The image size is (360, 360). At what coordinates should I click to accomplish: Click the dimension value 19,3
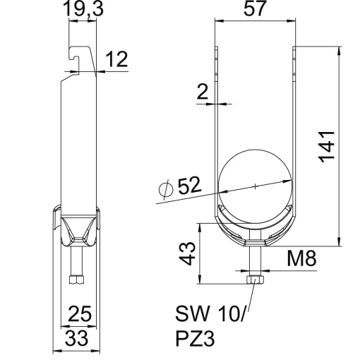click(84, 9)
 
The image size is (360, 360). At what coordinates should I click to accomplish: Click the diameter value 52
click(188, 186)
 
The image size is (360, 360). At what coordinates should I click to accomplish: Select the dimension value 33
click(78, 337)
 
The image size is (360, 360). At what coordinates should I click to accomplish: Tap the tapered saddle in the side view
click(77, 230)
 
